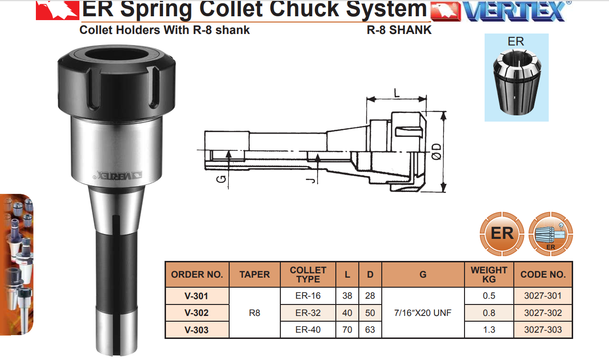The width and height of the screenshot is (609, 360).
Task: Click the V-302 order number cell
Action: (x=197, y=313)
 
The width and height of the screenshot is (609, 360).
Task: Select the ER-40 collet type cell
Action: (x=308, y=330)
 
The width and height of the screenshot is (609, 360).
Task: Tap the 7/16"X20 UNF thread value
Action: (x=423, y=313)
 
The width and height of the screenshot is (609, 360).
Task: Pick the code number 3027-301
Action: (x=543, y=295)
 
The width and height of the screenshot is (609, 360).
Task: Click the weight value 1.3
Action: (x=489, y=330)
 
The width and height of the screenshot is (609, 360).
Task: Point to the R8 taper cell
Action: (x=255, y=313)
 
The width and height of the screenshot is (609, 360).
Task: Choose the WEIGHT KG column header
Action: (x=489, y=274)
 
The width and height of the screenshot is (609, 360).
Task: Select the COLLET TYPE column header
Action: (x=308, y=274)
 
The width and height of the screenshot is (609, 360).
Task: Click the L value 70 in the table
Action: (x=347, y=330)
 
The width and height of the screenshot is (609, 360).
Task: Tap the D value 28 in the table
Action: (x=370, y=295)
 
